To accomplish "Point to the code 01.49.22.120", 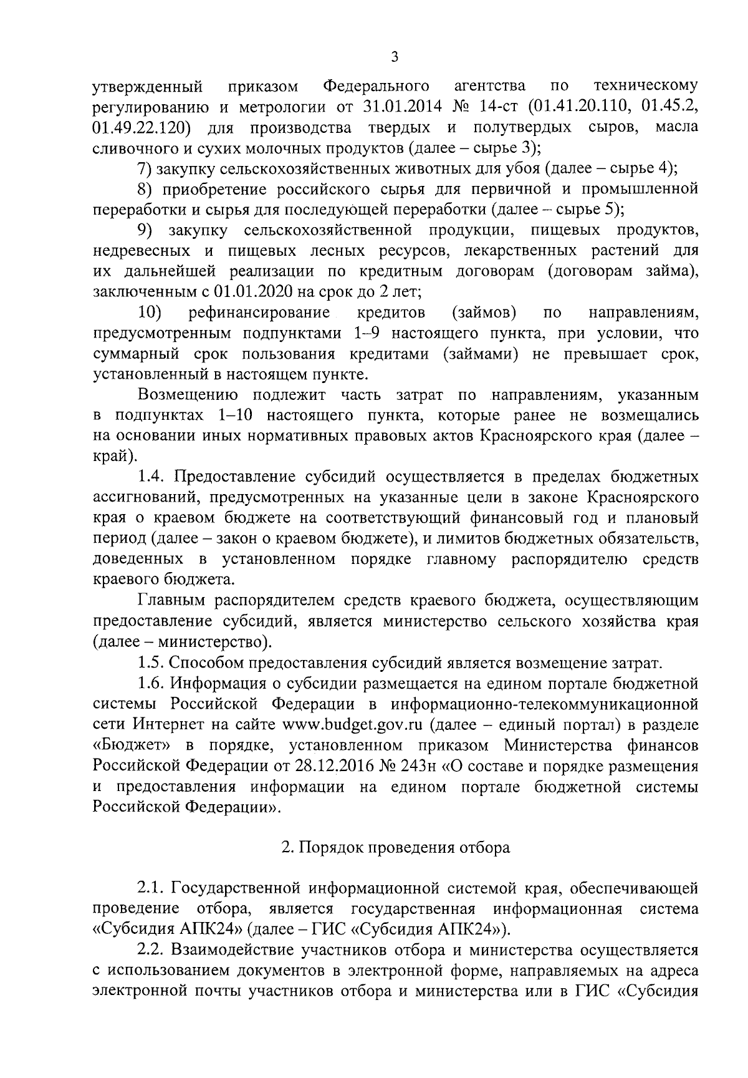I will click(x=141, y=128).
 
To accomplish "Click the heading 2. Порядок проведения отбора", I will click(x=396, y=847).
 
